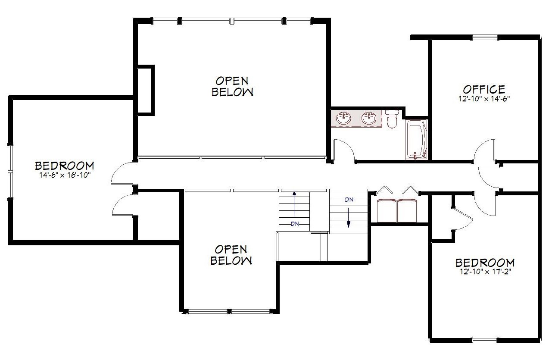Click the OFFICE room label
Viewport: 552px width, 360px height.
tap(484, 89)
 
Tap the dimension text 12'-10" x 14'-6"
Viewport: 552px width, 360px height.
tap(484, 99)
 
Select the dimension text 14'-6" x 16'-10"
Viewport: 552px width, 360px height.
tap(65, 175)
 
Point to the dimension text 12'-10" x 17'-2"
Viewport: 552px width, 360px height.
tap(484, 272)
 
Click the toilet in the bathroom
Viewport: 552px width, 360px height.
tap(392, 119)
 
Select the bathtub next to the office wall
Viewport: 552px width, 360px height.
tap(416, 140)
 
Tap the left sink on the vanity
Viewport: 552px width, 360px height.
tap(344, 119)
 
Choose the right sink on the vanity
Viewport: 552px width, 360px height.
tap(369, 119)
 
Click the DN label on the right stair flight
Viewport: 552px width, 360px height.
tap(349, 200)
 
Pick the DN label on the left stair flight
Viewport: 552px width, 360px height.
tap(295, 224)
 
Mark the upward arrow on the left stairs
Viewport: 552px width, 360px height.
tap(294, 204)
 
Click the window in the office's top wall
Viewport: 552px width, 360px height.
tap(485, 38)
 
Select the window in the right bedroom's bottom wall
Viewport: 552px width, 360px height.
tap(484, 341)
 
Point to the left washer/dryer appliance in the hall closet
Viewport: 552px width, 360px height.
tap(387, 210)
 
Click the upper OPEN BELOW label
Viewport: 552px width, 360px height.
tap(232, 86)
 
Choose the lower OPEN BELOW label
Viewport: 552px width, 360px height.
tap(231, 255)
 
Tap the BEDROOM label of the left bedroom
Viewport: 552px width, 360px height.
tap(65, 166)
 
